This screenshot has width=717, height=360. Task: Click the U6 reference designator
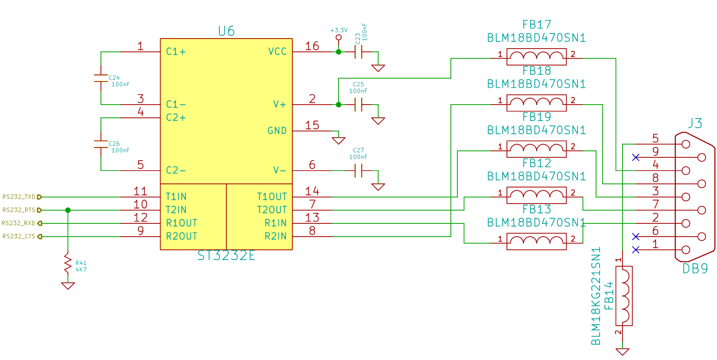click(x=226, y=31)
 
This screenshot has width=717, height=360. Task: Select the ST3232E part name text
click(x=226, y=256)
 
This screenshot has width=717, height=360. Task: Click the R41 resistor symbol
click(x=68, y=263)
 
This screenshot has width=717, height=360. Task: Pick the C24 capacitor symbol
click(x=101, y=78)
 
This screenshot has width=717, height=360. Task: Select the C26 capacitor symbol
click(x=101, y=144)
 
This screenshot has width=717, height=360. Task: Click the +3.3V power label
click(x=339, y=30)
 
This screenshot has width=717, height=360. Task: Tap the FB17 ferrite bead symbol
click(x=536, y=57)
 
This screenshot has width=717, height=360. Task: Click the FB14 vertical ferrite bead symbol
click(x=624, y=296)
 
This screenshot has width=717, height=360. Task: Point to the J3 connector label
click(x=695, y=123)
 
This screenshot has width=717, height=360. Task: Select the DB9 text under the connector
click(x=695, y=269)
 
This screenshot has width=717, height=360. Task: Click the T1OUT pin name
click(x=272, y=197)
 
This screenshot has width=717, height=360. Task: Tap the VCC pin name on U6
click(x=277, y=51)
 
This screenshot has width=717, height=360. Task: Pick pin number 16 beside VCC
click(x=312, y=46)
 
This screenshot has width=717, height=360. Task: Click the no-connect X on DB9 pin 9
click(x=636, y=157)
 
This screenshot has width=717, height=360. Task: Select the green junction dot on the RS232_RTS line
click(x=68, y=210)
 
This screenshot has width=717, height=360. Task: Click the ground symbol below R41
click(x=68, y=285)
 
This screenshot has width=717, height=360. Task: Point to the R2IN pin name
click(x=275, y=237)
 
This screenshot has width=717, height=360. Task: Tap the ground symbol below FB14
click(x=623, y=351)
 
